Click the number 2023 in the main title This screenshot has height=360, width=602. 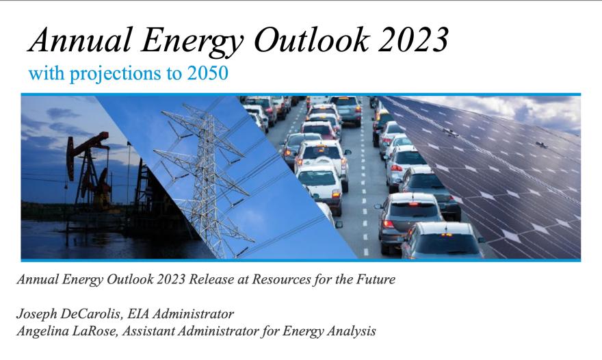[x=413, y=40]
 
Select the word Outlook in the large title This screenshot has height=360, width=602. [x=311, y=39]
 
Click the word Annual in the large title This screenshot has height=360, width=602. [x=80, y=40]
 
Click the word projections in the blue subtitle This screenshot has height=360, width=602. [x=115, y=74]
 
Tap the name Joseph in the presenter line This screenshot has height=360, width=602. [x=35, y=315]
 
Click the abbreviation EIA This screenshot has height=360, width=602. [x=138, y=313]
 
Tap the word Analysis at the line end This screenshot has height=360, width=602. [x=351, y=331]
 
